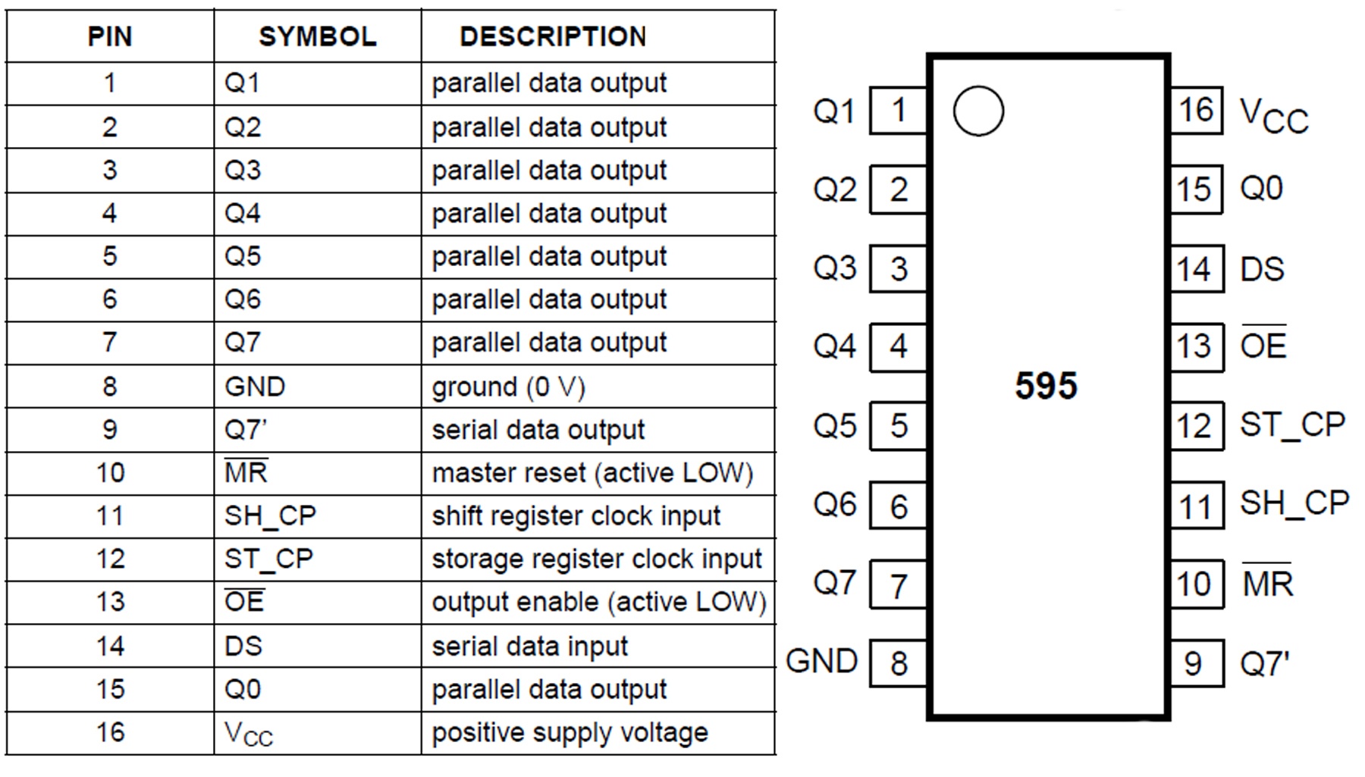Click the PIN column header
click(x=110, y=36)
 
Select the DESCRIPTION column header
click(x=553, y=36)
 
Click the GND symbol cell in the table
click(x=255, y=387)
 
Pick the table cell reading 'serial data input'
click(x=529, y=647)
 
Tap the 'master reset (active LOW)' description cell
click(x=592, y=473)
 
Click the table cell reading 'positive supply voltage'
click(x=570, y=733)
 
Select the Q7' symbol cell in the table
click(x=246, y=430)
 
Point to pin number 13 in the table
click(x=110, y=602)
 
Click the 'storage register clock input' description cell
click(x=596, y=559)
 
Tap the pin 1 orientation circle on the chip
click(x=978, y=111)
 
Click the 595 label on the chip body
click(x=1046, y=386)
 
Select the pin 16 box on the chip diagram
click(x=1196, y=111)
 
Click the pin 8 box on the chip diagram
click(x=899, y=663)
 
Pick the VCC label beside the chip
click(x=1274, y=116)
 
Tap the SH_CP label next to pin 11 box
click(x=1294, y=503)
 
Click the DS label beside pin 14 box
click(x=1262, y=269)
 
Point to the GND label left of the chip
click(x=821, y=661)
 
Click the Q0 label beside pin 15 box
click(x=1261, y=189)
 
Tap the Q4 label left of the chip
click(x=834, y=346)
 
